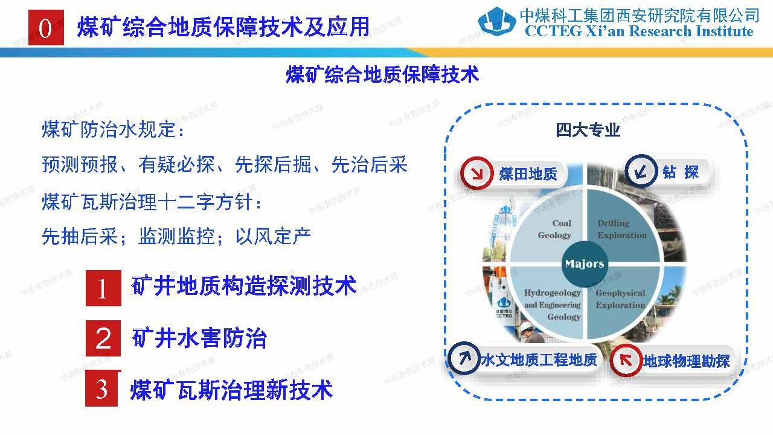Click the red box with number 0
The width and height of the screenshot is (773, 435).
pyautogui.click(x=46, y=28)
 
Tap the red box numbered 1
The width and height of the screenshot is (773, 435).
pyautogui.click(x=103, y=288)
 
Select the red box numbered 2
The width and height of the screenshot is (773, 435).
pyautogui.click(x=103, y=338)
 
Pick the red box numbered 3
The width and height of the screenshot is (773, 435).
pyautogui.click(x=102, y=389)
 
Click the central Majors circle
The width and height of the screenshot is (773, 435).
pyautogui.click(x=584, y=263)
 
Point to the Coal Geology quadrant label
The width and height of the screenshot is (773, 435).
pyautogui.click(x=554, y=229)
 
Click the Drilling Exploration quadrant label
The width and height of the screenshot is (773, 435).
pyautogui.click(x=621, y=229)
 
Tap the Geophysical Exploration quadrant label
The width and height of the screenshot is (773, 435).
pyautogui.click(x=620, y=299)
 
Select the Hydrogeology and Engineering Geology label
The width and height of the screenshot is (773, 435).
pyautogui.click(x=552, y=304)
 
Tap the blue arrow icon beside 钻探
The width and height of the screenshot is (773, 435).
pyautogui.click(x=640, y=172)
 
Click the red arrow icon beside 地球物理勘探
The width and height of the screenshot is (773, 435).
pyautogui.click(x=626, y=361)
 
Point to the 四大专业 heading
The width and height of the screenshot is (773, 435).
pyautogui.click(x=588, y=130)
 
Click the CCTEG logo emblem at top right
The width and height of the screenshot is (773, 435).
pyautogui.click(x=497, y=22)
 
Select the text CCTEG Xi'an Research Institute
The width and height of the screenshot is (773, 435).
pyautogui.click(x=639, y=32)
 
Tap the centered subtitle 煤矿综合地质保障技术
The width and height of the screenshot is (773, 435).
pyautogui.click(x=382, y=74)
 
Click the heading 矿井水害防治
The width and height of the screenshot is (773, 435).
pyautogui.click(x=199, y=338)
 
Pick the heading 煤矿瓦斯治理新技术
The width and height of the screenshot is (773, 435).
pyautogui.click(x=231, y=390)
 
